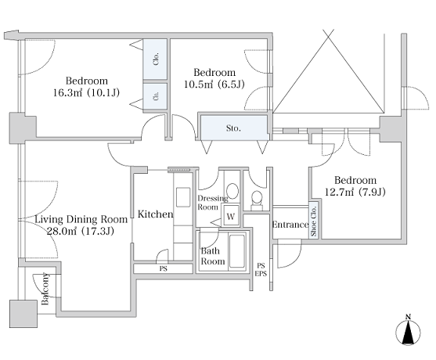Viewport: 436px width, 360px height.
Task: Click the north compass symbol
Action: pyautogui.click(x=408, y=331)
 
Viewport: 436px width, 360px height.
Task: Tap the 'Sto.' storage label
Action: pyautogui.click(x=233, y=128)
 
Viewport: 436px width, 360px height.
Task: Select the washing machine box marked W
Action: pyautogui.click(x=231, y=216)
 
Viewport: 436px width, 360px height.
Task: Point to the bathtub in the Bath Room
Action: pyautogui.click(x=237, y=251)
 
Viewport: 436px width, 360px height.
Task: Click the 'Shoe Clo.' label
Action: pyautogui.click(x=314, y=221)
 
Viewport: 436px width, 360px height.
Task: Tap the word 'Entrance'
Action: pyautogui.click(x=290, y=225)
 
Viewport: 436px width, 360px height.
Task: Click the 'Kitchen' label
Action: pyautogui.click(x=155, y=214)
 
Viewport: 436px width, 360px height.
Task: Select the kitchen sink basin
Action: pyautogui.click(x=183, y=197)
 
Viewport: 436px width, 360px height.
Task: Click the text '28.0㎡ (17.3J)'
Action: pyautogui.click(x=80, y=231)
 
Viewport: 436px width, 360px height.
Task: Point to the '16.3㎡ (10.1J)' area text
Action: pyautogui.click(x=86, y=92)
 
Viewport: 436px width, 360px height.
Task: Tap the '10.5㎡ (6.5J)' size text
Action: pyautogui.click(x=214, y=84)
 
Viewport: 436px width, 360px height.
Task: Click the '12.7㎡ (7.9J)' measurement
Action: pyautogui.click(x=355, y=192)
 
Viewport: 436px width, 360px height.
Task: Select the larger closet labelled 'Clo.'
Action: pyautogui.click(x=156, y=59)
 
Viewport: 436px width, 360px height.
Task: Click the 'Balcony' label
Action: pyautogui.click(x=45, y=289)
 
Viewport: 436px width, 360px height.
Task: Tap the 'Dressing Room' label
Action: pyautogui.click(x=212, y=203)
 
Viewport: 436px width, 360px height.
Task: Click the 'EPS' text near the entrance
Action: pyautogui.click(x=261, y=274)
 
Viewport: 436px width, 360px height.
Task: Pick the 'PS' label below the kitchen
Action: pyautogui.click(x=164, y=268)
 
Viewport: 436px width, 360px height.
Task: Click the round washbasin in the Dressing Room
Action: pyautogui.click(x=232, y=191)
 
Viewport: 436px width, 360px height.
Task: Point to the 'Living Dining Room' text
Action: pyautogui.click(x=81, y=219)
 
